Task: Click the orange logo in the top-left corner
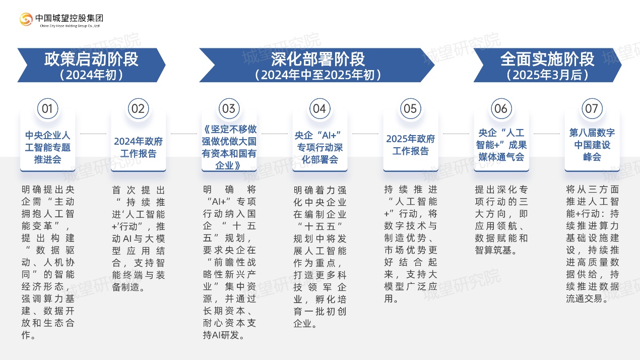[x=26, y=19]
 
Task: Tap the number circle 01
[x=47, y=108]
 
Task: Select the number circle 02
[x=138, y=108]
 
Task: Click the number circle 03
[x=229, y=108]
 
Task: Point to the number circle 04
[x=319, y=108]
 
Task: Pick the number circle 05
[x=410, y=108]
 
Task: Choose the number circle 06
[x=501, y=108]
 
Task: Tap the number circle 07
[x=592, y=108]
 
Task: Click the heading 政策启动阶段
[x=91, y=59]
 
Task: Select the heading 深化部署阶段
[x=318, y=59]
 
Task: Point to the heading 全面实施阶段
[x=547, y=59]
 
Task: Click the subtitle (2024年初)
[x=91, y=75]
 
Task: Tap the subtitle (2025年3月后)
[x=547, y=75]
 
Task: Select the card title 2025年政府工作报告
[x=410, y=145]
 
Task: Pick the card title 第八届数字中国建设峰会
[x=592, y=145]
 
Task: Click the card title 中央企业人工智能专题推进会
[x=47, y=147]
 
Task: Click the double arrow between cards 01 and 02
[x=93, y=134]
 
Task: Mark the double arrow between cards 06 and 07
[x=546, y=134]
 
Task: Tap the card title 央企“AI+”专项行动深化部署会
[x=319, y=147]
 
